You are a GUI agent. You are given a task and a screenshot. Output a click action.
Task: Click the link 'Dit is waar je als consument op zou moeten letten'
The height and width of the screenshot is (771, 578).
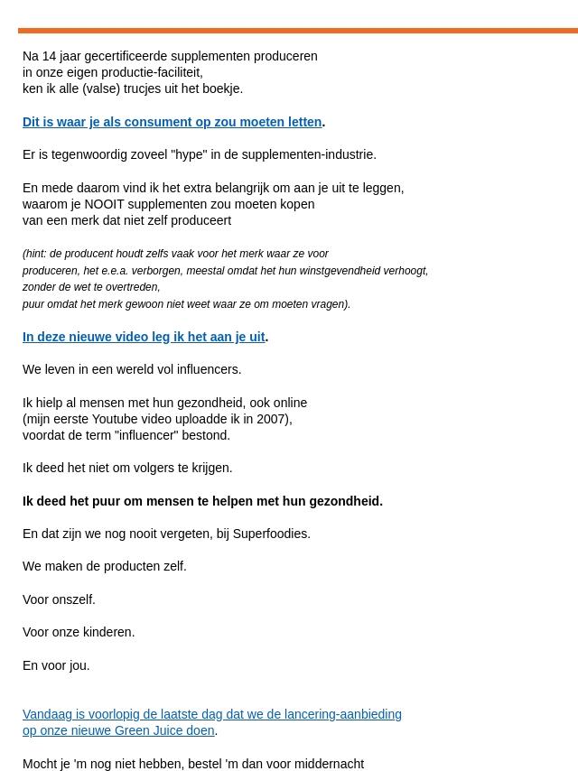(x=172, y=122)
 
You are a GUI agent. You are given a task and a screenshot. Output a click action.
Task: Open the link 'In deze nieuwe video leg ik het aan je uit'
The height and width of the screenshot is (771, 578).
(x=144, y=337)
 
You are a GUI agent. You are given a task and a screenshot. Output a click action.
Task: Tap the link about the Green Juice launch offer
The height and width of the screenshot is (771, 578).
(x=211, y=714)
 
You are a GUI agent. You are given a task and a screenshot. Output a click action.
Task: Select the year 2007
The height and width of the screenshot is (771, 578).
(x=273, y=419)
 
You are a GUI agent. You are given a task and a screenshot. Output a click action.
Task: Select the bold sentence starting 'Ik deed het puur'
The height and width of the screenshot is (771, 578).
(x=202, y=501)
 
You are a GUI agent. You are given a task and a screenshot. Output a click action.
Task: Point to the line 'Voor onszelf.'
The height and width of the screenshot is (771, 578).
(x=59, y=599)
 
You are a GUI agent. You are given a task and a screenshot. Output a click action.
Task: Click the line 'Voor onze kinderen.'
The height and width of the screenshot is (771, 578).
(x=79, y=632)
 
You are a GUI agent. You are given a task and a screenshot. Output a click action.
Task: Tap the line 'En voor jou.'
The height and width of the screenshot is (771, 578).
(x=56, y=665)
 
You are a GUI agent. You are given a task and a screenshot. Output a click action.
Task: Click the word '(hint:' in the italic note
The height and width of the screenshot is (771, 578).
(x=36, y=254)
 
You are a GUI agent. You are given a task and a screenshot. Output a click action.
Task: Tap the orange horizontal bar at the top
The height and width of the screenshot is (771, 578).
(x=298, y=31)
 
